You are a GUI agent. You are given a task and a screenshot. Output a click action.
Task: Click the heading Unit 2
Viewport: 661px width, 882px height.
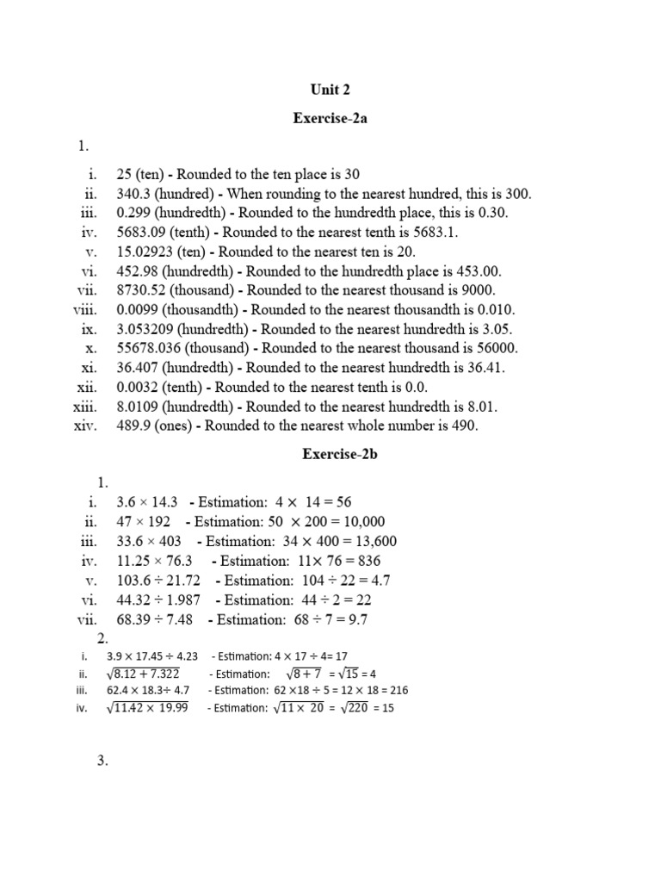[x=330, y=89]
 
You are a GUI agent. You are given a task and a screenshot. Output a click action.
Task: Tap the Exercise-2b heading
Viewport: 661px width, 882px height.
[x=330, y=455]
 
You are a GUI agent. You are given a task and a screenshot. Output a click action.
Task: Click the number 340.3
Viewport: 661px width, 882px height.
[x=135, y=194]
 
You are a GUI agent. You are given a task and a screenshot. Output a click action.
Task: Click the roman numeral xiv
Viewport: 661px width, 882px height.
[x=87, y=425]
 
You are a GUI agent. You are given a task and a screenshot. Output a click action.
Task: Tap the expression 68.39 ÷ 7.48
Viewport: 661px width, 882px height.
[x=155, y=619]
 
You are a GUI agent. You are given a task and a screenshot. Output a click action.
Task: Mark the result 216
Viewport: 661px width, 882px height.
[x=398, y=690]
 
